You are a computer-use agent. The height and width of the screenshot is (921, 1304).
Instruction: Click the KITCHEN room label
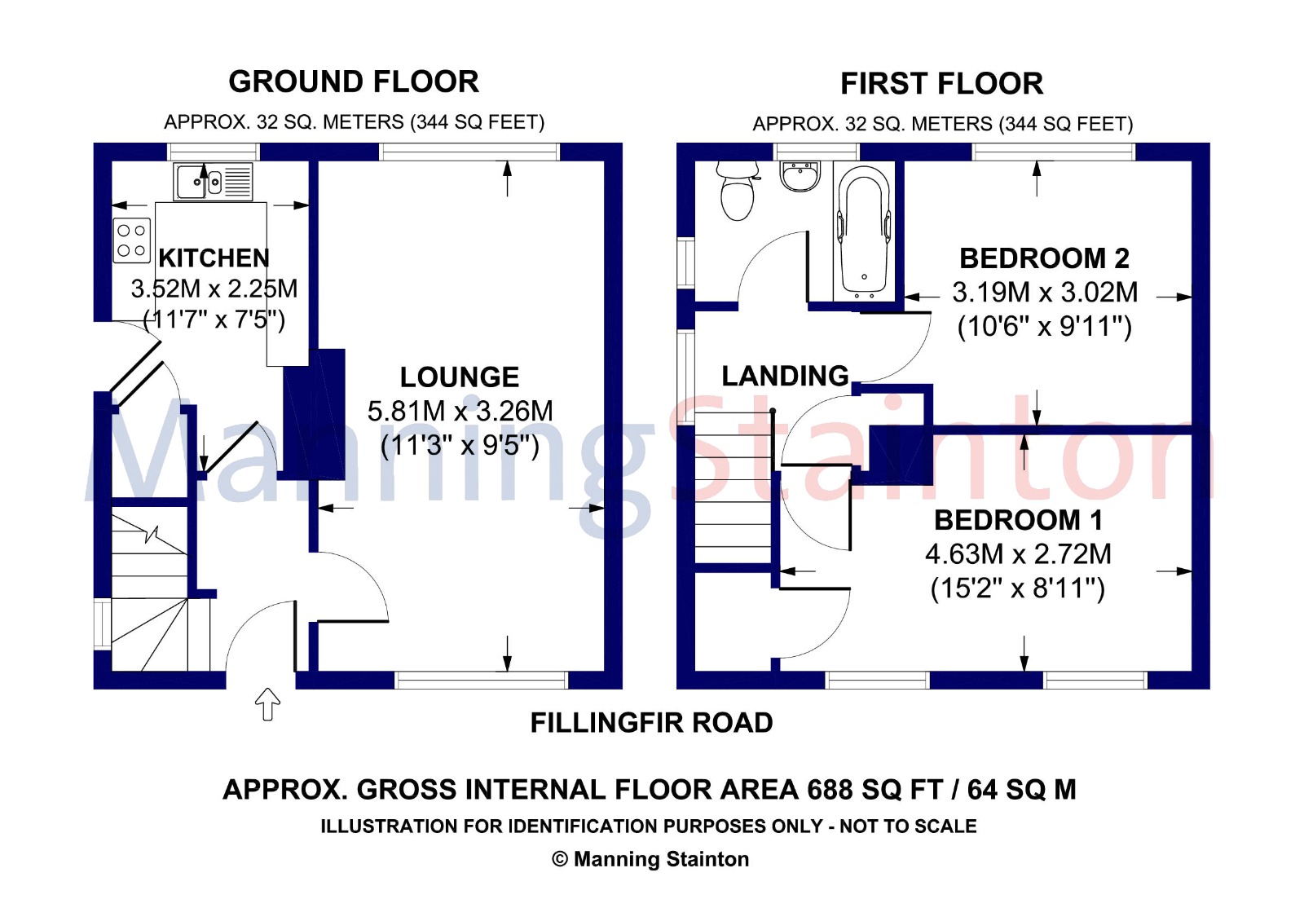click(214, 258)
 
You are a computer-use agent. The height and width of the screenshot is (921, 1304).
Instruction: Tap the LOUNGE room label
click(460, 377)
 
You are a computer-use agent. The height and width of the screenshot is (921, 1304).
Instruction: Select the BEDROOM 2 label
click(1044, 258)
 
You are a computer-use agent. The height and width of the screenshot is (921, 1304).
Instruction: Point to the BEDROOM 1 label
click(1018, 521)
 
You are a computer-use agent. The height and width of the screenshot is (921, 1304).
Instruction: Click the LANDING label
click(786, 376)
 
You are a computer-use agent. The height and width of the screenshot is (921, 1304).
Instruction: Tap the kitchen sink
click(213, 182)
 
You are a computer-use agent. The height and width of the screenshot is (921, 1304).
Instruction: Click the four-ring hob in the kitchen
click(131, 240)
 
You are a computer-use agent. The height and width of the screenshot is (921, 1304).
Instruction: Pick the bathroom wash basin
click(801, 175)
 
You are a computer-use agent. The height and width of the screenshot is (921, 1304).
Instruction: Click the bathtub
click(864, 231)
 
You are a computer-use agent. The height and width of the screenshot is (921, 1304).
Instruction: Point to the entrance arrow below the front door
click(267, 704)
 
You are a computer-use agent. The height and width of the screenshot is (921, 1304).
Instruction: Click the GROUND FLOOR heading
click(354, 82)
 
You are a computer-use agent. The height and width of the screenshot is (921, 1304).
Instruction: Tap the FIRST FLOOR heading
click(941, 84)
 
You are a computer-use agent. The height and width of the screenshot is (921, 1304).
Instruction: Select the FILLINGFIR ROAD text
click(651, 723)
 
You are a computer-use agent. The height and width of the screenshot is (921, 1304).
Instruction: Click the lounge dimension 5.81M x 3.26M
click(460, 412)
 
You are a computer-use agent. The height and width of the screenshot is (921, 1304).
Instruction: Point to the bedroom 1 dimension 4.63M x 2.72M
click(1018, 554)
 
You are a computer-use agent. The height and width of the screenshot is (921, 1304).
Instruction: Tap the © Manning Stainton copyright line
click(650, 859)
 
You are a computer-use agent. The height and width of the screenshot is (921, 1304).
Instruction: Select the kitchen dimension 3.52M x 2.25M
click(214, 289)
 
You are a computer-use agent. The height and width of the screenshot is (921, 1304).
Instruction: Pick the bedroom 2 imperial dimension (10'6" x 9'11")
click(1044, 326)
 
